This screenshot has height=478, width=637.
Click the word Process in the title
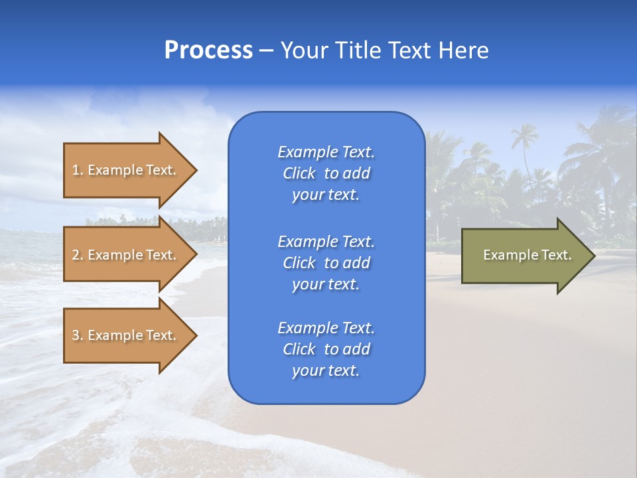coord(208,50)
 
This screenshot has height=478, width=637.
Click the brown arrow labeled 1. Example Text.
coord(130,171)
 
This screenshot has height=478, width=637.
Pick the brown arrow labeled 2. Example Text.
coord(130,254)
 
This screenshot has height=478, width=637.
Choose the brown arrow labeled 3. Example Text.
coord(130,335)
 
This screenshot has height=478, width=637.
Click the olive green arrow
coord(528,256)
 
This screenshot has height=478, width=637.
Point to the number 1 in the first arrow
coord(75,170)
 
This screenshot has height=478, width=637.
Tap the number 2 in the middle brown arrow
coord(76,255)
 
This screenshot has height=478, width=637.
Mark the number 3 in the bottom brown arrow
coord(76,335)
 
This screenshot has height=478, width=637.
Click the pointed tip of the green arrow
coord(595,256)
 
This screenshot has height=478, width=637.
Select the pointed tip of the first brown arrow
coord(197,171)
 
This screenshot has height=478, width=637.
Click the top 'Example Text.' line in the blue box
coord(326,152)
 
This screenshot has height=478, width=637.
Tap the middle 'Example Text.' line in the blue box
coord(326,242)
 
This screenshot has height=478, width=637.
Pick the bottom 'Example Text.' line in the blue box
coord(326,328)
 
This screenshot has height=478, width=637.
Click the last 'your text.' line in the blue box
coord(326,370)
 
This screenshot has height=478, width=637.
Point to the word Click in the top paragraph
coord(299,173)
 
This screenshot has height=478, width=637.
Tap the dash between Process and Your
coord(267,52)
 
